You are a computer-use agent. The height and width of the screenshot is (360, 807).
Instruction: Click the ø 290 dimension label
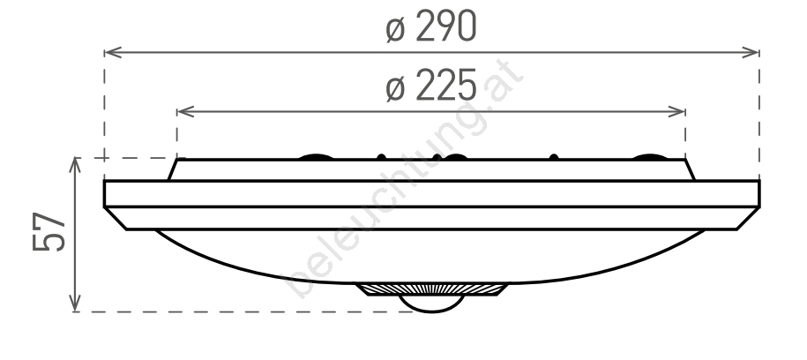[431, 26]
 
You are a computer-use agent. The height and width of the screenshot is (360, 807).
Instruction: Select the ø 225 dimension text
[431, 86]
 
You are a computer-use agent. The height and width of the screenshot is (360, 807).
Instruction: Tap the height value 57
[49, 232]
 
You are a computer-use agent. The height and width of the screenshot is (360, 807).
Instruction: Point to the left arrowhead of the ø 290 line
[113, 52]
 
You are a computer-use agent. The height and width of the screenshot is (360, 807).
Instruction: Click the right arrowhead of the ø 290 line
[751, 52]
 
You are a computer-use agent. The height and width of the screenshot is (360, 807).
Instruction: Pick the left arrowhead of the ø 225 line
[185, 111]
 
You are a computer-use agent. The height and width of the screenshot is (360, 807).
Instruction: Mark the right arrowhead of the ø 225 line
[676, 111]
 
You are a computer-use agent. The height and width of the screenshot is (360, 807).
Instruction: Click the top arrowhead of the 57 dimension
[75, 166]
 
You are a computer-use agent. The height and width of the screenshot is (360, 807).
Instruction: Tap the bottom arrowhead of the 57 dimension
[75, 303]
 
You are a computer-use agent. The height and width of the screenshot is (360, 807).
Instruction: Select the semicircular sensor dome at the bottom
[432, 306]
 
